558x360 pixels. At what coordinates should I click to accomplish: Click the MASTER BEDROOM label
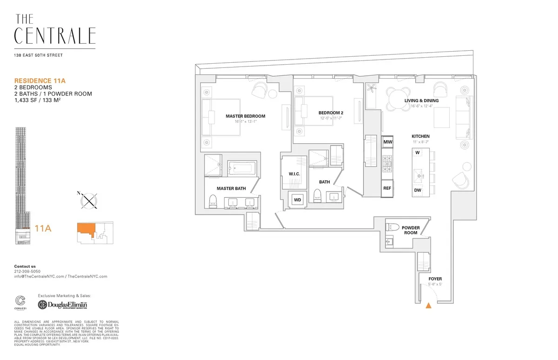coord(245,116)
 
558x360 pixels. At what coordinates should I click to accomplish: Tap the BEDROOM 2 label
coord(331,113)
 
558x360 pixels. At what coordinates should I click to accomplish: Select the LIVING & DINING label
coord(422,100)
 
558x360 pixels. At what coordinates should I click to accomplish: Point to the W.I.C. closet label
coord(294,174)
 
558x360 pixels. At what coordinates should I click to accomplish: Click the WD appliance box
coord(297,200)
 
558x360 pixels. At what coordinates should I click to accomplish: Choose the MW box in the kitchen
coord(387,141)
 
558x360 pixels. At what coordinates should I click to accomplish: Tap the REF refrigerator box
coord(387,188)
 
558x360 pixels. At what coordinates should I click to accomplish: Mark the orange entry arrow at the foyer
coord(428,306)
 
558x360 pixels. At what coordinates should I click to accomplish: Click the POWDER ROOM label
coord(411,231)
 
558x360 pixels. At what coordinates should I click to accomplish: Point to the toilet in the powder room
coord(393,228)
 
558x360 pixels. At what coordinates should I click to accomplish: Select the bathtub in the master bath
coord(242,168)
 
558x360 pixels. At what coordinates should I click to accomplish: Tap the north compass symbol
coord(88,200)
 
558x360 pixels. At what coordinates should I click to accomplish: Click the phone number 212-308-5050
coord(27,271)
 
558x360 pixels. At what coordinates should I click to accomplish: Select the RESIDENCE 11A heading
coord(40,80)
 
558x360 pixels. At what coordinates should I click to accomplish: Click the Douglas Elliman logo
coord(63,305)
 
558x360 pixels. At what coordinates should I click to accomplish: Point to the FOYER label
coord(435,279)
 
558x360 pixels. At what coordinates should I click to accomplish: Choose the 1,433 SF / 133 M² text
coord(38,100)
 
